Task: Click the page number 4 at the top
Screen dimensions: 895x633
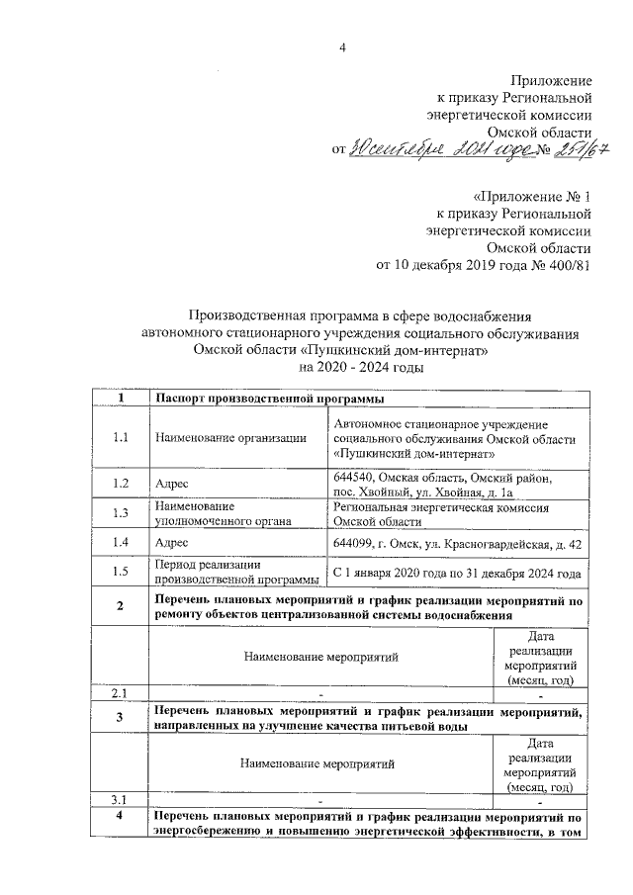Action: click(342, 48)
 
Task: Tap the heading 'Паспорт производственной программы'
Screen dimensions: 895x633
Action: click(269, 400)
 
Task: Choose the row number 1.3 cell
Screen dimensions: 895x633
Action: click(121, 512)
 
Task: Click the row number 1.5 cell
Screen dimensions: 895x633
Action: click(121, 571)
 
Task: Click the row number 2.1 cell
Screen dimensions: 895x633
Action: click(121, 692)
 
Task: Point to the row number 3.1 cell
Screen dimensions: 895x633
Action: click(121, 799)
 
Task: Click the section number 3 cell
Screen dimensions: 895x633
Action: click(121, 717)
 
